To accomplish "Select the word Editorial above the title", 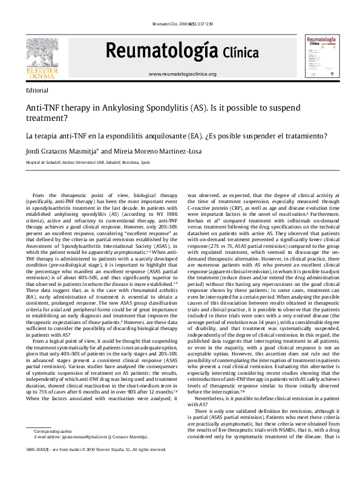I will [38, 89].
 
